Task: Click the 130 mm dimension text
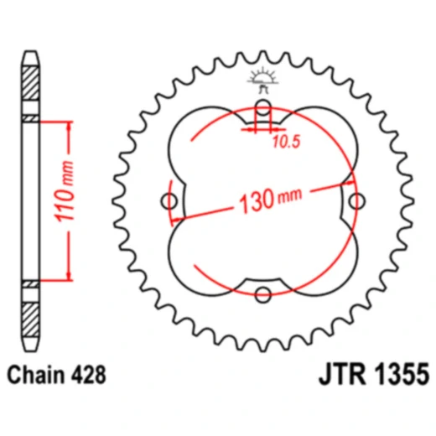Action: pos(271,200)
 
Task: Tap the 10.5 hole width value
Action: pos(286,142)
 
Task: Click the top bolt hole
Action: pos(263,107)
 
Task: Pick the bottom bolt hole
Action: pos(263,294)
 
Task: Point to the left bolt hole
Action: pos(169,201)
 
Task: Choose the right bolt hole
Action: pos(357,201)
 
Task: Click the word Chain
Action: pos(36,375)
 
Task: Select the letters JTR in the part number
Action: pos(342,374)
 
